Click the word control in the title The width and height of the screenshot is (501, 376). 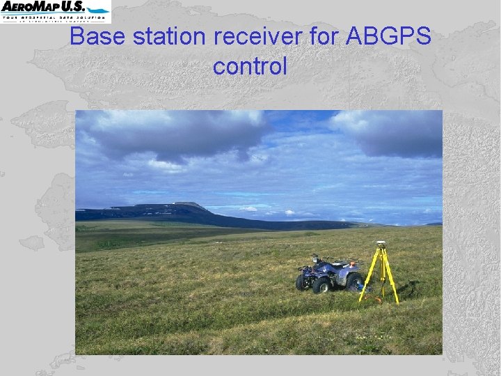250,67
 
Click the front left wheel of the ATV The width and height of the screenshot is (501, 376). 321,285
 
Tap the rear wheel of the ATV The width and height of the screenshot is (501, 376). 354,281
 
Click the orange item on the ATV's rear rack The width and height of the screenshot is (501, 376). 353,264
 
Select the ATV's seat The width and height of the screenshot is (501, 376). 339,265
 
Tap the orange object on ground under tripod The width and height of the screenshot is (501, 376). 378,299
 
